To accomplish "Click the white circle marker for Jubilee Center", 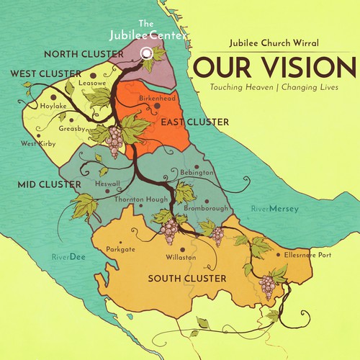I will click(x=146, y=53).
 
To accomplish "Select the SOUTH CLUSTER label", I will click(x=186, y=278).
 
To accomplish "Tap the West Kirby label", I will click(x=39, y=143).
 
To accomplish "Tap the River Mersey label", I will click(x=274, y=209).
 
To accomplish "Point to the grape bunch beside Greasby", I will click(x=114, y=140).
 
